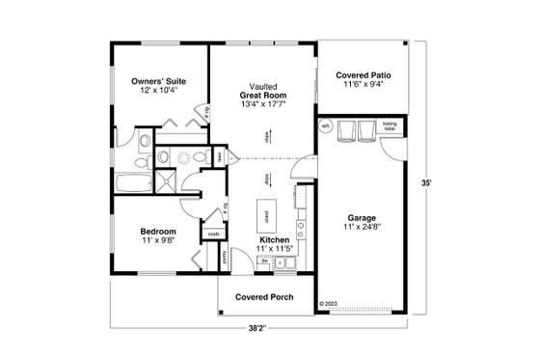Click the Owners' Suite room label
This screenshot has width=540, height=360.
158,82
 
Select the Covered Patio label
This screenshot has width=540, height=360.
362,75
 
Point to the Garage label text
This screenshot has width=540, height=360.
363,218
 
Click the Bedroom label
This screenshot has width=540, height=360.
157,232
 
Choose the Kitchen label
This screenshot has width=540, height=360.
274,239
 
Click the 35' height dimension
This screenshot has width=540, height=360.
424,180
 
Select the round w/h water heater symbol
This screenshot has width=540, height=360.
326,126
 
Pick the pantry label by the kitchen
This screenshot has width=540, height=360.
226,255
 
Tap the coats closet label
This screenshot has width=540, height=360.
214,232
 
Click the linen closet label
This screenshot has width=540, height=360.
220,156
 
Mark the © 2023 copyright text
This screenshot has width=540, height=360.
329,302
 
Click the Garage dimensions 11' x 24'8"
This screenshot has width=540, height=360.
363,228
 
